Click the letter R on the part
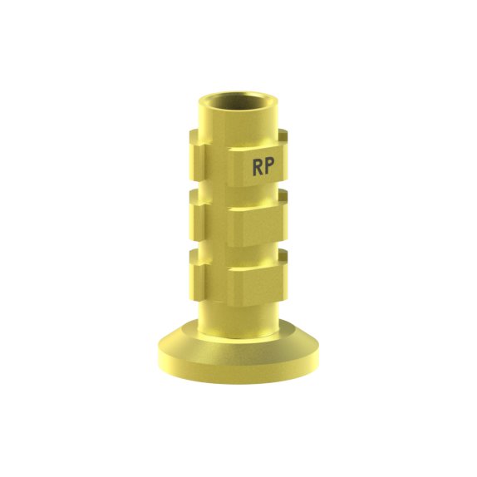(258, 167)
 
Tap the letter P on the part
(269, 166)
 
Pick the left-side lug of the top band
(196, 157)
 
